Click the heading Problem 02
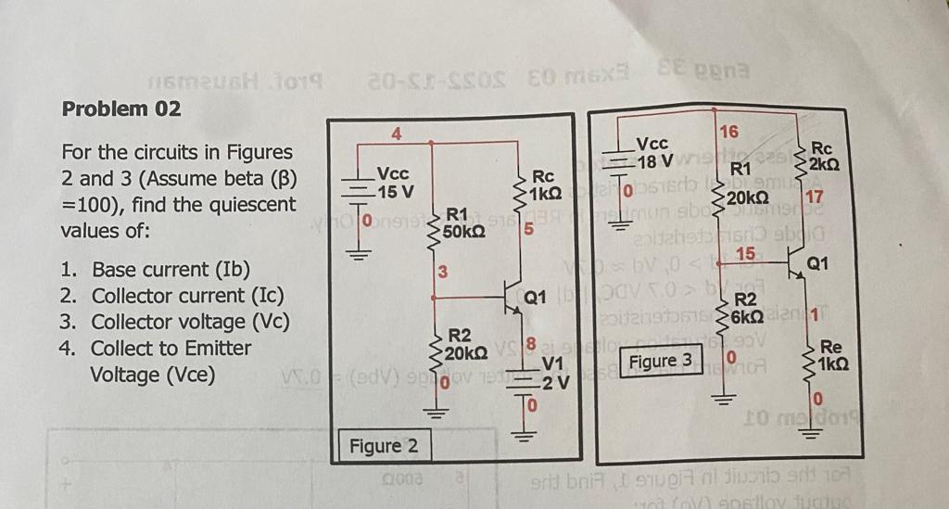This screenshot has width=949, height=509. point(120,108)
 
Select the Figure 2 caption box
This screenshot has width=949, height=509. point(383,447)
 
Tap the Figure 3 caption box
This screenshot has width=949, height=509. point(660,361)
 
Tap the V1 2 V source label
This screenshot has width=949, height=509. point(552,370)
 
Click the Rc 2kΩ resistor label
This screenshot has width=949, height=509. point(825,156)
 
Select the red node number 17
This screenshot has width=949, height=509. point(815,197)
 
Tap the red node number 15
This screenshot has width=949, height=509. point(743,253)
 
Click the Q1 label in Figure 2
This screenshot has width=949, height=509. point(535,299)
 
